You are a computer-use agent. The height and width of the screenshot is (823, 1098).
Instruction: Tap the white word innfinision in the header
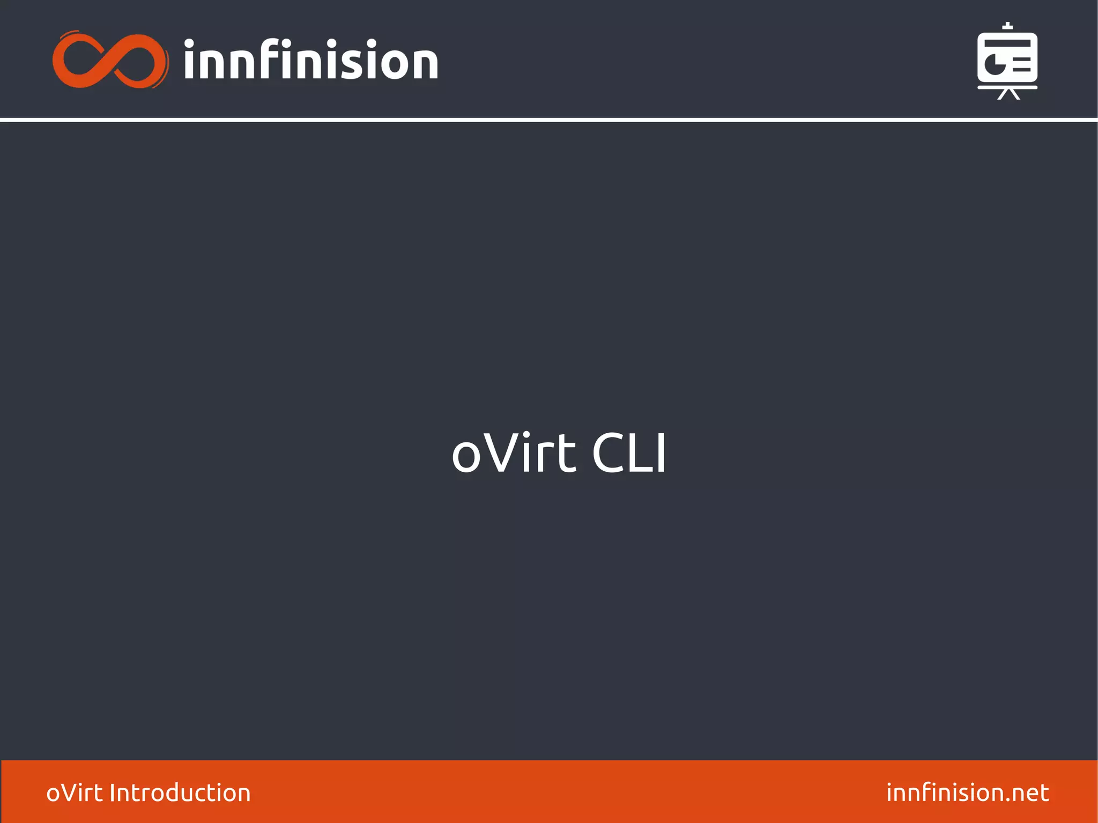click(x=311, y=61)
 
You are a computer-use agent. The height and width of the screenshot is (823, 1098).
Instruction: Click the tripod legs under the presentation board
click(x=1008, y=94)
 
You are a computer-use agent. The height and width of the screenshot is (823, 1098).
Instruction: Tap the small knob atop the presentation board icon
click(x=1008, y=25)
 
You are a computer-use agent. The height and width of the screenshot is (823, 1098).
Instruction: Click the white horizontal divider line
click(x=549, y=120)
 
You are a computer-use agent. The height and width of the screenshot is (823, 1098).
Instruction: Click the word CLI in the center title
click(x=629, y=454)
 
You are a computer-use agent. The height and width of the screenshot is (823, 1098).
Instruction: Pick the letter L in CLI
click(x=638, y=454)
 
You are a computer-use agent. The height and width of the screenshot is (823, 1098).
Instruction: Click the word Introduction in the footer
click(x=180, y=793)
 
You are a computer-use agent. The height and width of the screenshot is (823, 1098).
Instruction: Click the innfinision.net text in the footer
click(x=967, y=793)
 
